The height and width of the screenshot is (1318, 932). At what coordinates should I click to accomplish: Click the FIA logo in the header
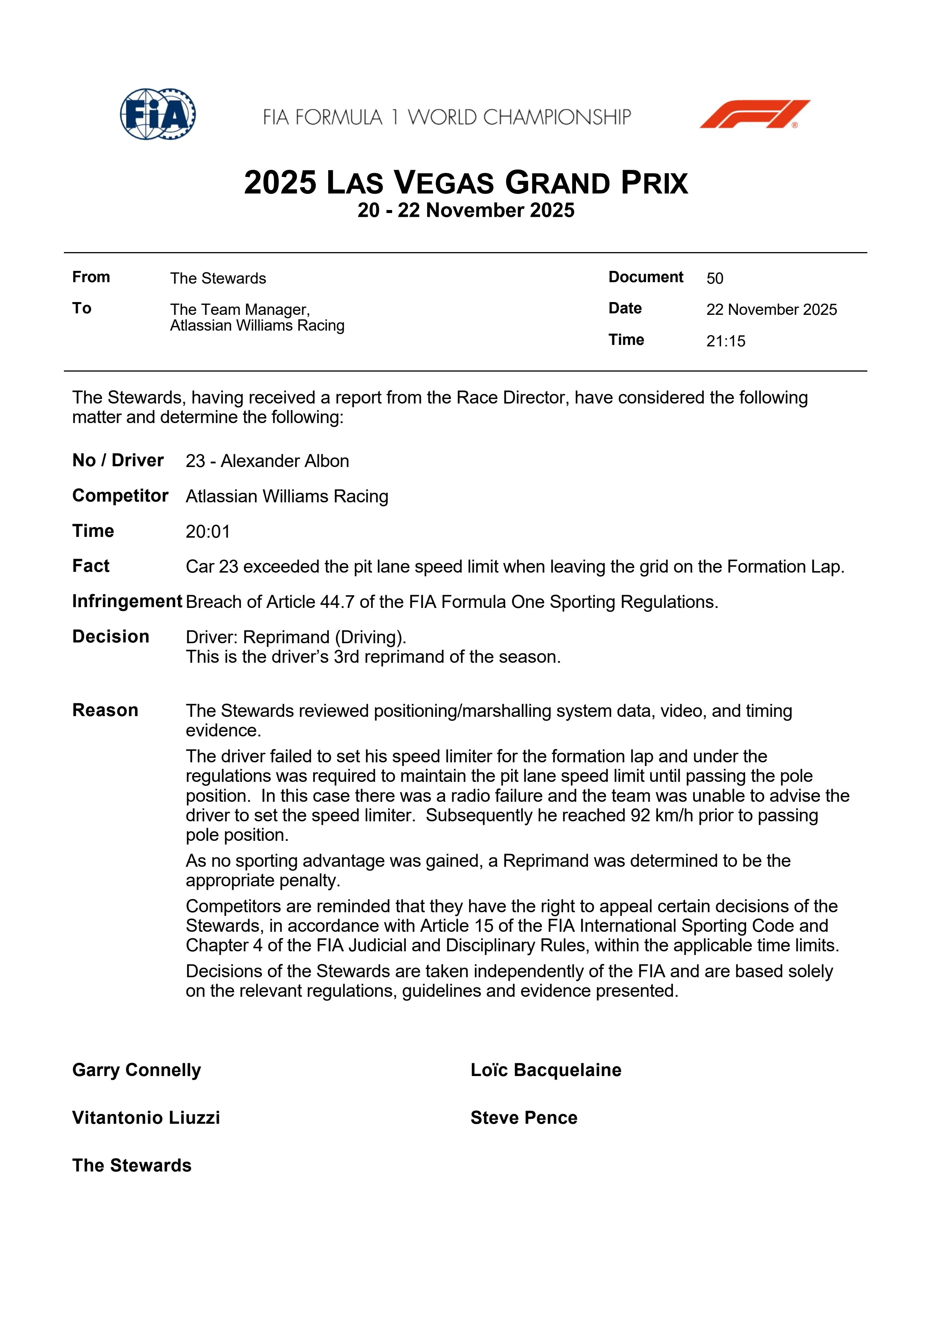tap(158, 114)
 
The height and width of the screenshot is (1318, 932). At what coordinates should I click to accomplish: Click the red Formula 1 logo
tap(755, 114)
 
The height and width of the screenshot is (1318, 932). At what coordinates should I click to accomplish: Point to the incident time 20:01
tap(207, 532)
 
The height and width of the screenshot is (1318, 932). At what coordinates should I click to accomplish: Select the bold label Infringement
tap(127, 601)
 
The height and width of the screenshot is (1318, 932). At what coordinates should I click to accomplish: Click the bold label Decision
tap(111, 636)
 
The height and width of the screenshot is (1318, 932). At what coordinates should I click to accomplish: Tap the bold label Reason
tap(105, 710)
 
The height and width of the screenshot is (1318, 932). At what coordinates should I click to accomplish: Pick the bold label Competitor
tap(120, 496)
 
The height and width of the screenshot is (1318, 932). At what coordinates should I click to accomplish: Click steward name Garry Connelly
tap(137, 1070)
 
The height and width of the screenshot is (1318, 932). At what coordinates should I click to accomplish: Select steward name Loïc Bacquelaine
tap(546, 1070)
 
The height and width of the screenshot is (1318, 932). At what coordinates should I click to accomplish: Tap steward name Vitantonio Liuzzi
tap(146, 1118)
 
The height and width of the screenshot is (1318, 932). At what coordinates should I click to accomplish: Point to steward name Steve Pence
tap(524, 1118)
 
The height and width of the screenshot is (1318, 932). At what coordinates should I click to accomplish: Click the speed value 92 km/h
tap(662, 815)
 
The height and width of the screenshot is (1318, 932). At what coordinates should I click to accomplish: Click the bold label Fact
tap(91, 566)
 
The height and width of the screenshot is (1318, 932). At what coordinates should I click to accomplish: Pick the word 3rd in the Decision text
tap(346, 657)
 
